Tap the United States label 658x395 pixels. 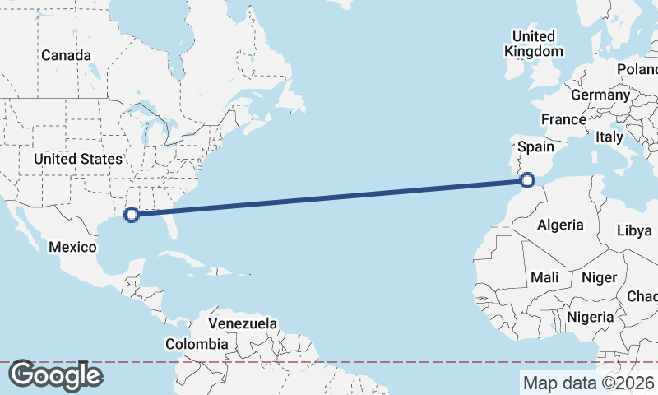pyautogui.click(x=78, y=159)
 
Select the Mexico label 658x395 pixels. pyautogui.click(x=73, y=247)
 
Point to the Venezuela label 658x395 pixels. pyautogui.click(x=243, y=323)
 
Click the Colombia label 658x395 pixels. pyautogui.click(x=197, y=344)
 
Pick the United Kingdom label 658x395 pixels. pyautogui.click(x=534, y=44)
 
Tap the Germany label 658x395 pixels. pyautogui.click(x=600, y=95)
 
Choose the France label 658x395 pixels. pyautogui.click(x=563, y=119)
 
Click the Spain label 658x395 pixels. pyautogui.click(x=535, y=147)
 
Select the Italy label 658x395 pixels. pyautogui.click(x=609, y=137)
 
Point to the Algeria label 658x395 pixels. pyautogui.click(x=560, y=225)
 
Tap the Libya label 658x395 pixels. pyautogui.click(x=634, y=230)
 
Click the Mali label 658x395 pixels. pyautogui.click(x=544, y=277)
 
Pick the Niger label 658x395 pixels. pyautogui.click(x=599, y=277)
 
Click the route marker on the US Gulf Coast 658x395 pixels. pyautogui.click(x=130, y=215)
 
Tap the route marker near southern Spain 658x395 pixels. pyautogui.click(x=528, y=179)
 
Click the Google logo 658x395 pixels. pyautogui.click(x=55, y=375)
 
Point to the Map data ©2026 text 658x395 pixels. pyautogui.click(x=588, y=383)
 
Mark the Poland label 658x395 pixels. pyautogui.click(x=639, y=68)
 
